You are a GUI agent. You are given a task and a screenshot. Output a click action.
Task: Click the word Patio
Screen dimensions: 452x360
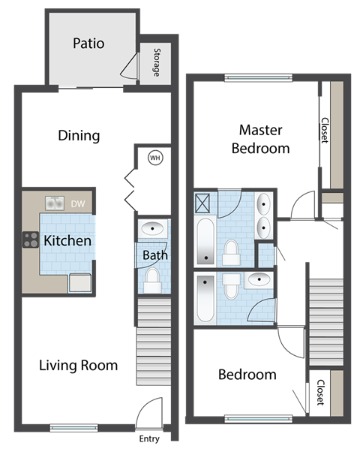tap(88, 43)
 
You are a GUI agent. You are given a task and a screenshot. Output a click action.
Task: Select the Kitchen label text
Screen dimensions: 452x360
tap(67, 241)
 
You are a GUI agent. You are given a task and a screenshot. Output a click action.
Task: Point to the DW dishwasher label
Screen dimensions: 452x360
tap(77, 203)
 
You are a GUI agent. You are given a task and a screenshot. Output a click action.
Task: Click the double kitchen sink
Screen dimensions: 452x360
tap(54, 203)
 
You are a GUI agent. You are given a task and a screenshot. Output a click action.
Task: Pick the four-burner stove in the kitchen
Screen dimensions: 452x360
tap(31, 240)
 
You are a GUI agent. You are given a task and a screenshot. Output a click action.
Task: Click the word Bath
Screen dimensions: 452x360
tap(155, 255)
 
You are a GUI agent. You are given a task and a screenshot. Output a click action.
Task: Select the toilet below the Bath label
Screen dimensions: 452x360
tap(153, 280)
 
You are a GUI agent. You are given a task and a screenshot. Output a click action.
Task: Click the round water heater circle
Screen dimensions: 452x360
tap(155, 158)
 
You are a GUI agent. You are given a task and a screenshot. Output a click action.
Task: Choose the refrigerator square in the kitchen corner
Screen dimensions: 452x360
tap(79, 282)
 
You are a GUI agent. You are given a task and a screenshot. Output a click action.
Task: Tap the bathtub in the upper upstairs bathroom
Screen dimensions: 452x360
tap(205, 242)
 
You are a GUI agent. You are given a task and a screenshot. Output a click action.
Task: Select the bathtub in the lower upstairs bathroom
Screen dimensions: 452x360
tap(205, 299)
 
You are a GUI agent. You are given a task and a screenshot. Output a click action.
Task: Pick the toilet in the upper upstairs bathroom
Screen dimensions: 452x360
tap(231, 251)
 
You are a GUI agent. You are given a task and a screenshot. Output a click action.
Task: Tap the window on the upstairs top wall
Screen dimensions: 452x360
tap(257, 76)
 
